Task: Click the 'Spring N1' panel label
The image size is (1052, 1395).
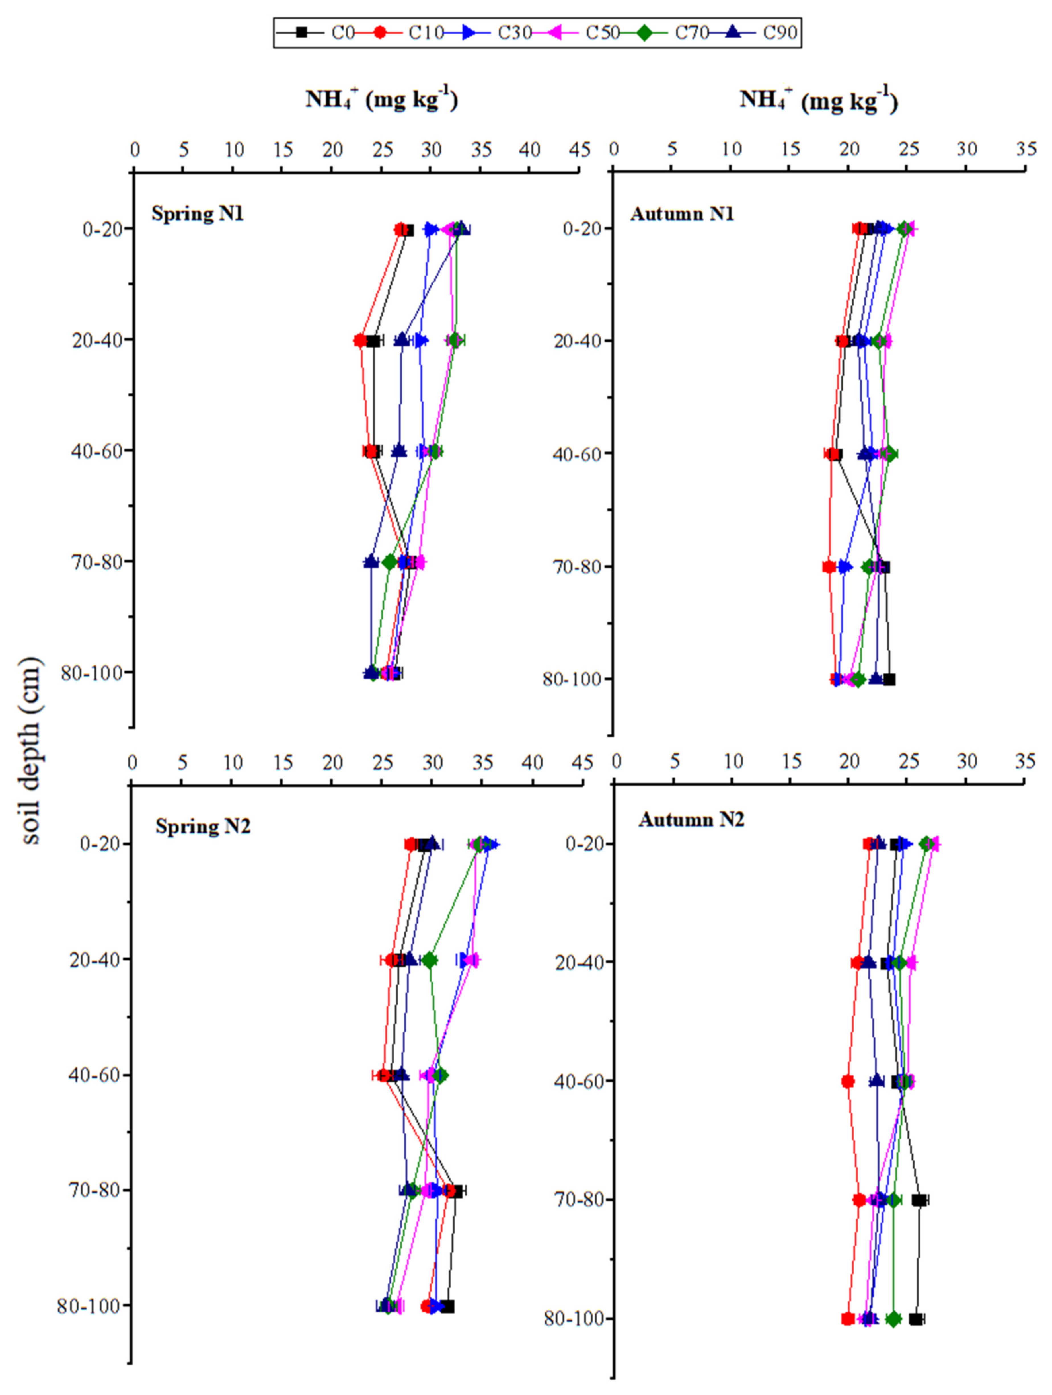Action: (x=198, y=214)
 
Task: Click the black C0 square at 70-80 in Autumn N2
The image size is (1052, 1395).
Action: (x=920, y=1200)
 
